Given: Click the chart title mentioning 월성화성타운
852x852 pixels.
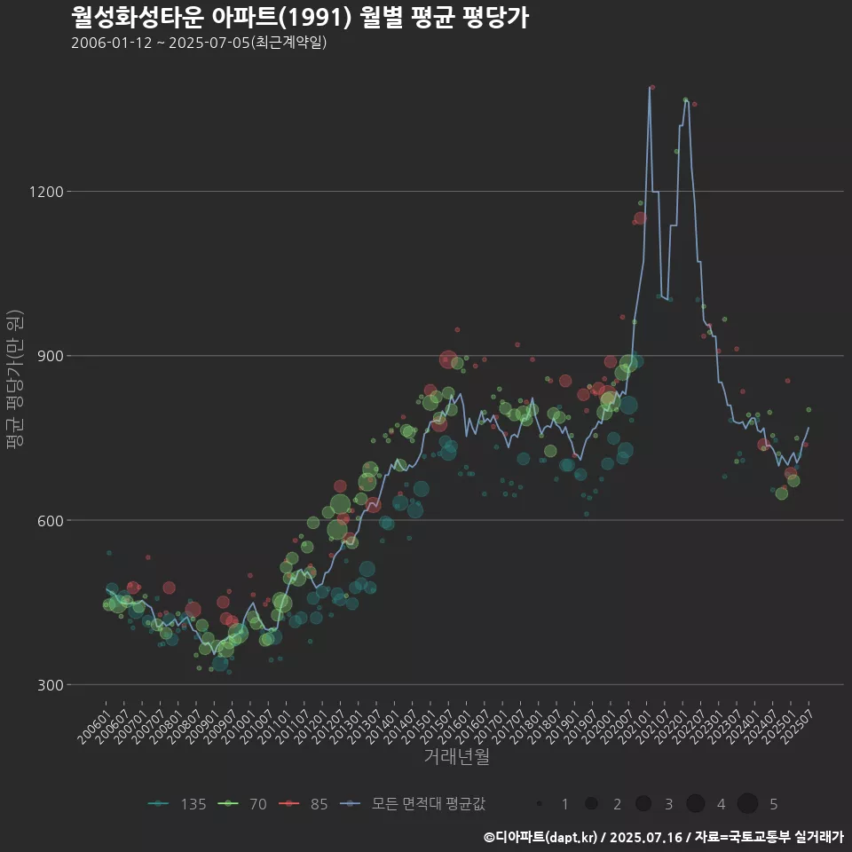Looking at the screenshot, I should [300, 17].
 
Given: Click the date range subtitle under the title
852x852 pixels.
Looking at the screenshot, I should [199, 43].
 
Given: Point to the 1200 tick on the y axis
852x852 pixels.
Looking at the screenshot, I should [45, 192].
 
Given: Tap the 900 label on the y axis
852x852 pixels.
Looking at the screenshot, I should [49, 356].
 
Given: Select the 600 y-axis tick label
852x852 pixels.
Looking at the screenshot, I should [49, 520].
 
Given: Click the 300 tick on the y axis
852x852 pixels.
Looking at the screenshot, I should [49, 684].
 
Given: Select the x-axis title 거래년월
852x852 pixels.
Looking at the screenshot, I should [456, 757].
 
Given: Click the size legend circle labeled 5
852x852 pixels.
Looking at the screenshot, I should [747, 804].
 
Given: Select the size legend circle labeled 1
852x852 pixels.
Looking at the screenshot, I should [539, 804].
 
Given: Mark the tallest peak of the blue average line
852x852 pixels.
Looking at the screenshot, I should [649, 87].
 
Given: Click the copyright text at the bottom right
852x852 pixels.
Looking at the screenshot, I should [663, 837].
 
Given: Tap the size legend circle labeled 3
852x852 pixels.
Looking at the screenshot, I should [643, 804].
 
